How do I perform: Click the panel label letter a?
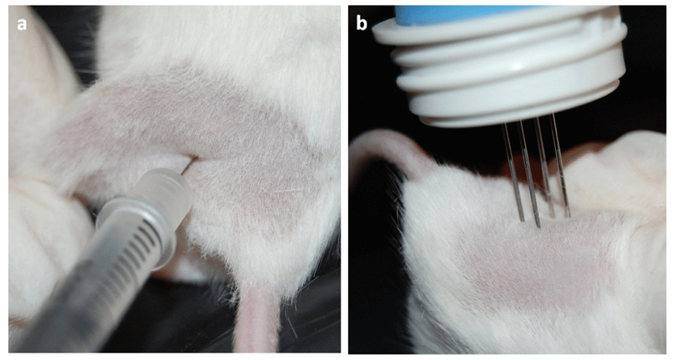click(x=22, y=24)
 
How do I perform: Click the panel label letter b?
click(x=362, y=23)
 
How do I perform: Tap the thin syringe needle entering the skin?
click(x=189, y=164)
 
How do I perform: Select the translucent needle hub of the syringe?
click(x=167, y=195)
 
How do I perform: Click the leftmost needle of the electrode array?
click(x=513, y=172)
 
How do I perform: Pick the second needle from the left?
click(x=529, y=174)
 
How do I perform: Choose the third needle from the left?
click(x=545, y=167)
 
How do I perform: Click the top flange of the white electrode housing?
click(x=498, y=32)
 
